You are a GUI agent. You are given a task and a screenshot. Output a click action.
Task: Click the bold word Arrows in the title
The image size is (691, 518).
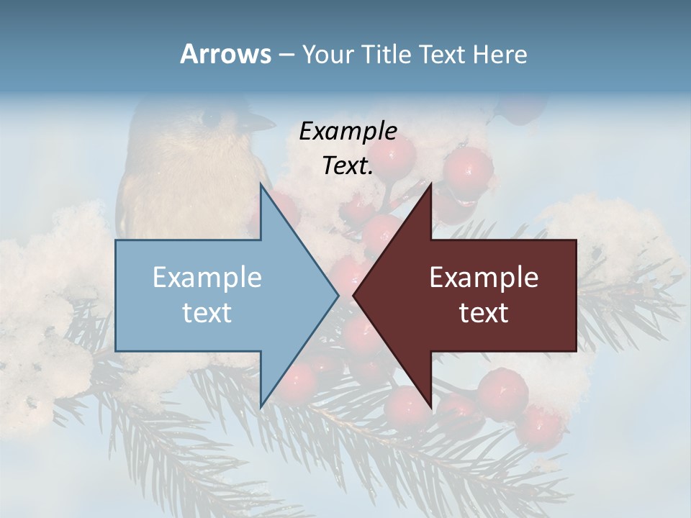pyautogui.click(x=225, y=54)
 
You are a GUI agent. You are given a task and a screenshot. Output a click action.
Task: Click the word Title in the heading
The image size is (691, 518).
pyautogui.click(x=386, y=54)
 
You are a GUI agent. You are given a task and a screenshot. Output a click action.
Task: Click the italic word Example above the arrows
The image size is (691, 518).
pyautogui.click(x=348, y=131)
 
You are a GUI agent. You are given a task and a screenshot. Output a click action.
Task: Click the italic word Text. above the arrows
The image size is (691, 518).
pyautogui.click(x=348, y=165)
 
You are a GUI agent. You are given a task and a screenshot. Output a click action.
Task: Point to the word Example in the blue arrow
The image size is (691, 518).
pyautogui.click(x=207, y=277)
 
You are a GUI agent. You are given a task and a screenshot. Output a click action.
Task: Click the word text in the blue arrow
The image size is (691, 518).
pyautogui.click(x=207, y=312)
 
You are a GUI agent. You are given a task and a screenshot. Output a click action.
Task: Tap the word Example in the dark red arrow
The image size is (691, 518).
pyautogui.click(x=484, y=277)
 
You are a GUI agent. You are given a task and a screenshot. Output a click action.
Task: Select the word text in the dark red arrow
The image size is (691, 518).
pyautogui.click(x=484, y=312)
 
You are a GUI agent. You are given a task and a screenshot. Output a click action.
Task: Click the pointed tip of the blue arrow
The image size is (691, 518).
pyautogui.click(x=338, y=294)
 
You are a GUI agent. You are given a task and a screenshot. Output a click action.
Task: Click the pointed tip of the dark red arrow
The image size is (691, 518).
pyautogui.click(x=354, y=294)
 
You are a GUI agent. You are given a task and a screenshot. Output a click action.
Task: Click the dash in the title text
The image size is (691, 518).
pyautogui.click(x=286, y=55)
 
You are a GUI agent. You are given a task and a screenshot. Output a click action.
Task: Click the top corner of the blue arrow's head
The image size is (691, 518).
pyautogui.click(x=261, y=185)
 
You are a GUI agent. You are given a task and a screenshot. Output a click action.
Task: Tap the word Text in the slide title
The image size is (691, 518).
pyautogui.click(x=442, y=54)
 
